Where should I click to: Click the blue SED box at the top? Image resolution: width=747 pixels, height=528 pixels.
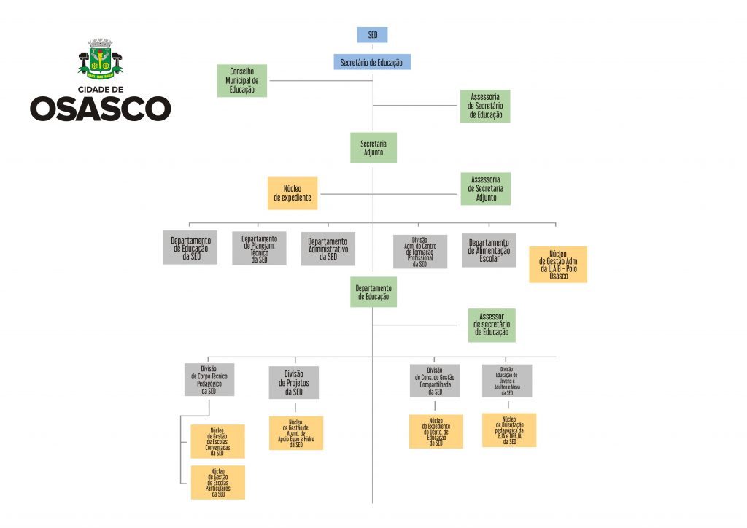(372, 34)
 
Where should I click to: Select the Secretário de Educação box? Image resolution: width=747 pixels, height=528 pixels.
(372, 63)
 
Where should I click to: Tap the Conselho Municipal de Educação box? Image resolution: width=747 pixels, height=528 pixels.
(241, 81)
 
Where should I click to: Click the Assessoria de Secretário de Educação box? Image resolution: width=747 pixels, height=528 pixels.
(485, 106)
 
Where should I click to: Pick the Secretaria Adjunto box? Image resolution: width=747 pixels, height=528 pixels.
(373, 147)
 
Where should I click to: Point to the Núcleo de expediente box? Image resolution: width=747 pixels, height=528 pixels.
(292, 193)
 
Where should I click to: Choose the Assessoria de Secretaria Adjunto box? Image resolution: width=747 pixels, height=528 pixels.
(485, 188)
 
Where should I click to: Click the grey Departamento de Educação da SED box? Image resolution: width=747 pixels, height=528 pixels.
(190, 248)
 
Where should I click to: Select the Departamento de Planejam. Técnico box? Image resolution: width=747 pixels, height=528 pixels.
(259, 249)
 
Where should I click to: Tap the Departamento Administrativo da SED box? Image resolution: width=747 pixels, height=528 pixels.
(328, 249)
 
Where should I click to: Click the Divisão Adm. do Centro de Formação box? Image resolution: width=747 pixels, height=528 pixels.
(419, 252)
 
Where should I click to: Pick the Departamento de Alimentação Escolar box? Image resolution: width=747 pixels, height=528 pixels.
(489, 250)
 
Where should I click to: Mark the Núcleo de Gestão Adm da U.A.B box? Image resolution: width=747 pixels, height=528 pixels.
(558, 264)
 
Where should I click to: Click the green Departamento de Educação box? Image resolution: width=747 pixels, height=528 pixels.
(373, 292)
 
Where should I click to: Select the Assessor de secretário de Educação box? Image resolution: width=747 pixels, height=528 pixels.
(492, 325)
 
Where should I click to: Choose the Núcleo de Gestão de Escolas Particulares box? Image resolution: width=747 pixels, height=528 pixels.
(217, 482)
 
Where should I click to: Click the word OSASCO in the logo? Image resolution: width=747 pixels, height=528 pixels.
(100, 109)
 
